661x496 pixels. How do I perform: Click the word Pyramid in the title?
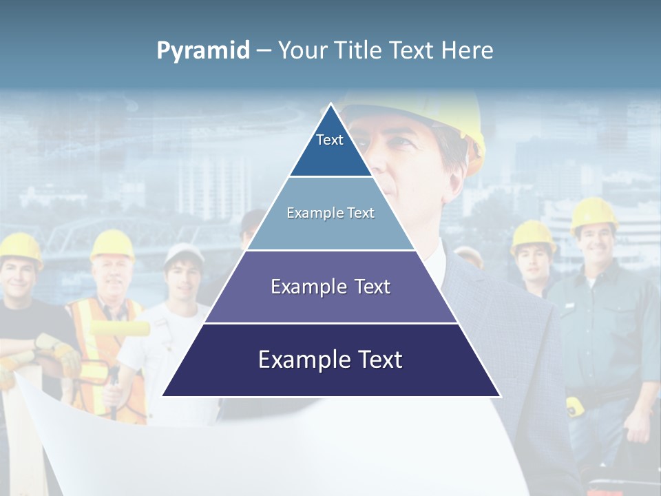click(x=203, y=51)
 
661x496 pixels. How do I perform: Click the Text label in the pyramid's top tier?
click(x=330, y=140)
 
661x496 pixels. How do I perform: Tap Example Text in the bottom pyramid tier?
click(x=330, y=360)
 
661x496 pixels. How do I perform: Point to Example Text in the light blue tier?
click(x=330, y=213)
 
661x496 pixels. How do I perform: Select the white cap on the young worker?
click(x=183, y=254)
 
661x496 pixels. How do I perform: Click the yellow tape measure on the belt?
click(x=574, y=406)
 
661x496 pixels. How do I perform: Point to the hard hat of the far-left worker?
click(x=21, y=247)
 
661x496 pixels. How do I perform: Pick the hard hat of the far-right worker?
click(x=594, y=213)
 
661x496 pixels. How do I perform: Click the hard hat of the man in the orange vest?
click(x=112, y=243)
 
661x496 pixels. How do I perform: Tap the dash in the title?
click(x=264, y=51)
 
